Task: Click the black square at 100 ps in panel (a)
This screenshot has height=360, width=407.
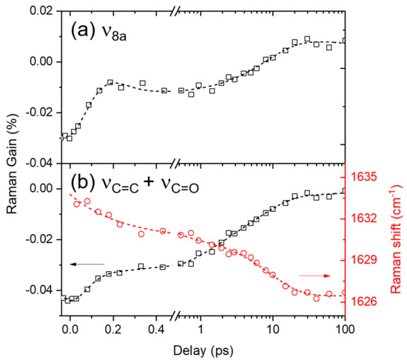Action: pyautogui.click(x=345, y=41)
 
